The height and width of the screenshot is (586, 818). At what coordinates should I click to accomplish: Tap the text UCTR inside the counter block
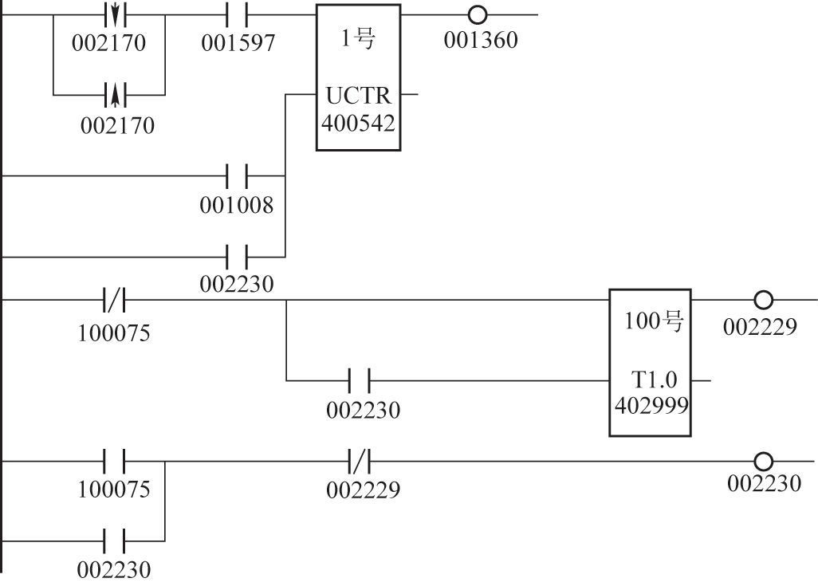pos(359,96)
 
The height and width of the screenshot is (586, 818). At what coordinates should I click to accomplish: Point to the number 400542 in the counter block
pos(359,123)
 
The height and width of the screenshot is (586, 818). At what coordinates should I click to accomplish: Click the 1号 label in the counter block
pos(358,40)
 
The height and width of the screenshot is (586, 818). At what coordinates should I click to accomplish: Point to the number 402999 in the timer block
pos(650,404)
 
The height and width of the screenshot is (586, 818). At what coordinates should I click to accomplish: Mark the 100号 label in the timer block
pos(650,324)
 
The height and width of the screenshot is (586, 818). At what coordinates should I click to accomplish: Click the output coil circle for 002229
pos(763,301)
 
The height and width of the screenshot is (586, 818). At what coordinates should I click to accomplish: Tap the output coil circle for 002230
pos(763,461)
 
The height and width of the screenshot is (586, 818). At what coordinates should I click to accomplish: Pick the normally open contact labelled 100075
pos(113,461)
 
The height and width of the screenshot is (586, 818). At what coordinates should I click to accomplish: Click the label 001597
pos(237,43)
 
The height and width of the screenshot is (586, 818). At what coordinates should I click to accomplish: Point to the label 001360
pos(480,39)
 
